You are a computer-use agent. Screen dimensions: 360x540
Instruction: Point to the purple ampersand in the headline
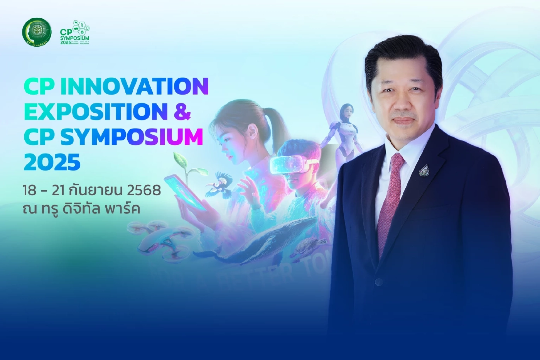181,112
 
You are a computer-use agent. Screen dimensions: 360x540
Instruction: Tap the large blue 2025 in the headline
52,162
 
